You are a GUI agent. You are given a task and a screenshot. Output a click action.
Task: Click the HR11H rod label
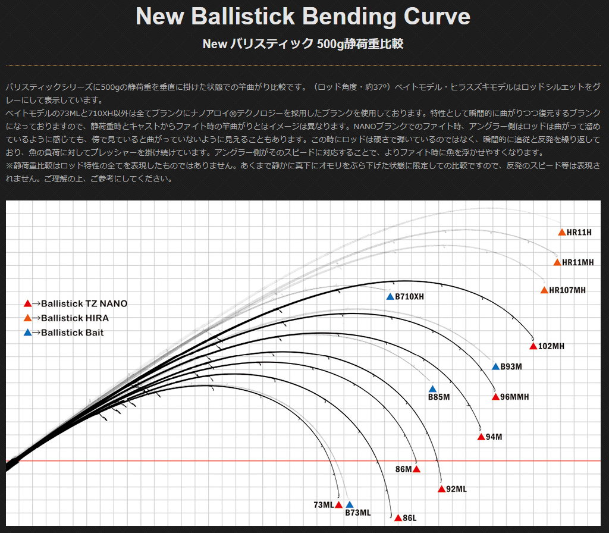[579, 233]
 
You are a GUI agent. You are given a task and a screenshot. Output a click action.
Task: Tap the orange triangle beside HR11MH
[557, 262]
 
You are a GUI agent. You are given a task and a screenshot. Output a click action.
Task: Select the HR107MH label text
[567, 290]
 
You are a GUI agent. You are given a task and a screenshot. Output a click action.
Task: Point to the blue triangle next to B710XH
[390, 297]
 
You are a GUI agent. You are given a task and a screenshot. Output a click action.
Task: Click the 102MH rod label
[551, 346]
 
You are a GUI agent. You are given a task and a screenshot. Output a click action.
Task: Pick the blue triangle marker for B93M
[495, 366]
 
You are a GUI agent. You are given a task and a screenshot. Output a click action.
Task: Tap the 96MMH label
[514, 397]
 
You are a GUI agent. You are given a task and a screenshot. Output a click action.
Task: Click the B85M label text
[439, 397]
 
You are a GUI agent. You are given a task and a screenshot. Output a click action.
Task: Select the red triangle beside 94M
[481, 437]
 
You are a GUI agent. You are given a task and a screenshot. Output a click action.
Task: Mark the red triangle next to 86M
[416, 469]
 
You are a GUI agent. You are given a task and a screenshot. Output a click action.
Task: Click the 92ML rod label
[456, 489]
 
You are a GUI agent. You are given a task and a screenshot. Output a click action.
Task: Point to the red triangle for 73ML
[338, 504]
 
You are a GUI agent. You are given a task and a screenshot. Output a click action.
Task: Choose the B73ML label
[357, 513]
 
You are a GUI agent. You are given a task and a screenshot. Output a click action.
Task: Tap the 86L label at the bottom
[409, 518]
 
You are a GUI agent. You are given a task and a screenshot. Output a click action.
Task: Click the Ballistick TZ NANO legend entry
[76, 303]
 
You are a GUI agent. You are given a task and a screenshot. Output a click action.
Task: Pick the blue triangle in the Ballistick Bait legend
[27, 333]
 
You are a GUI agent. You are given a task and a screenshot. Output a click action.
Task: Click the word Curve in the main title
[437, 16]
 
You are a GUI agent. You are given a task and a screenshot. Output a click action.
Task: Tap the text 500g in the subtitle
[330, 44]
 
